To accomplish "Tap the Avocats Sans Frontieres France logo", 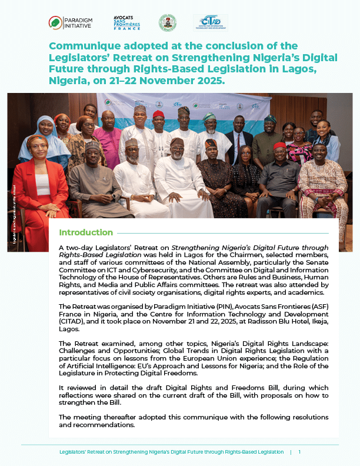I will (126, 23).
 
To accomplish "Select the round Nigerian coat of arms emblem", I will (167, 23).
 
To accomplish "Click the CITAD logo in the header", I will (210, 22).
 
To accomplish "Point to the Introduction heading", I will (86, 232).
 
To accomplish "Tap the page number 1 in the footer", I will (299, 452).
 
